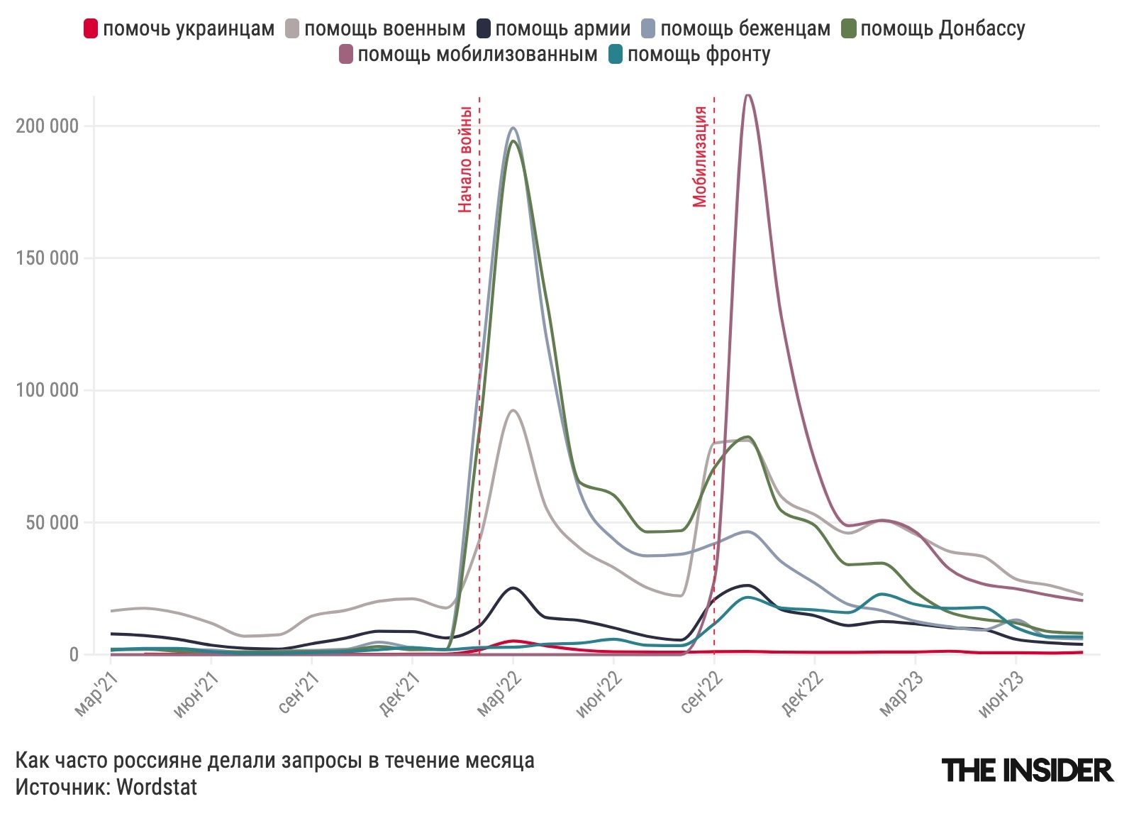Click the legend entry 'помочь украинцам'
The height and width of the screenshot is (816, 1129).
coord(179,29)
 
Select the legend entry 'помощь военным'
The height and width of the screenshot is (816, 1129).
coord(376,29)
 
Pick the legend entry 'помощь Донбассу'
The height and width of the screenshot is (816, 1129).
coord(933,29)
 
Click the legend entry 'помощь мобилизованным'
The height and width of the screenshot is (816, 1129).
coord(469,55)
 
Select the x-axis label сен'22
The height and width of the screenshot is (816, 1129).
coord(702,693)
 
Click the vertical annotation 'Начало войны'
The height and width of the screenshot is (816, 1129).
coord(465,159)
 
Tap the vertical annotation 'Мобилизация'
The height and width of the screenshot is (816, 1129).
coord(700,156)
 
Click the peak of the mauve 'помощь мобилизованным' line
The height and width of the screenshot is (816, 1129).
coord(747,95)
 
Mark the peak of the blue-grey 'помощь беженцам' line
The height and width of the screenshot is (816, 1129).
coord(513,128)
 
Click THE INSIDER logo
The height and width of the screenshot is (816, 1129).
coord(1027,770)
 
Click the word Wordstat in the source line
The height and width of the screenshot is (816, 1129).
coord(157,787)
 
